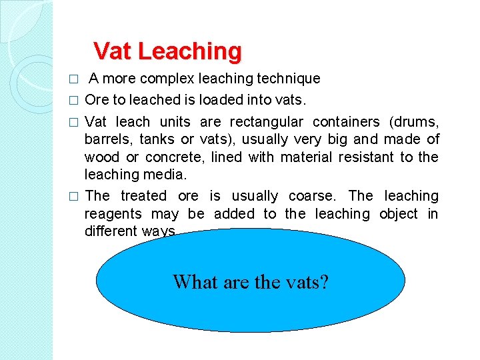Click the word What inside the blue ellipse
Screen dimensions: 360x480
[194, 282]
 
